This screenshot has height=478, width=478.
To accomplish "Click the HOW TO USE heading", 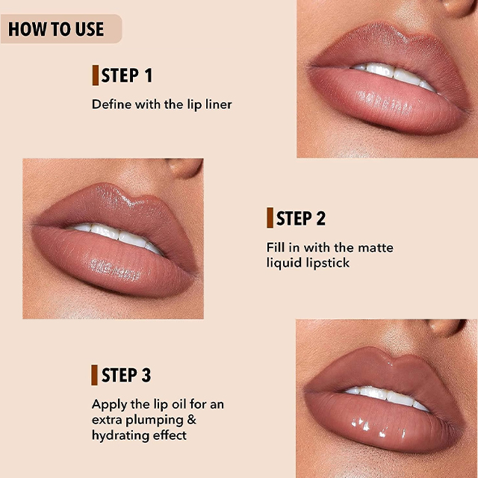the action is click(x=56, y=29).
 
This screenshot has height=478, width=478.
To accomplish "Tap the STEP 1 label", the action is click(x=126, y=75).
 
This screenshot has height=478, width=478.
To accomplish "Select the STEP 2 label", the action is click(x=301, y=218).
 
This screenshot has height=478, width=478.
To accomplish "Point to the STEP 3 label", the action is click(x=126, y=375).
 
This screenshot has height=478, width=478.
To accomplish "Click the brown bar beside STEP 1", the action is click(x=96, y=75).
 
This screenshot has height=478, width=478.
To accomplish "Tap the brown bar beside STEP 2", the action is click(x=270, y=217).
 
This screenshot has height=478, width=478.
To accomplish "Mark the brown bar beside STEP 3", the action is click(x=94, y=375).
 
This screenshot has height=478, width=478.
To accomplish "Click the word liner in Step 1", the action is click(x=219, y=105).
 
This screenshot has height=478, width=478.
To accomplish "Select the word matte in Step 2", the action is click(x=376, y=247).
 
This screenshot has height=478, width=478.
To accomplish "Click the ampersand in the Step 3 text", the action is click(x=191, y=420).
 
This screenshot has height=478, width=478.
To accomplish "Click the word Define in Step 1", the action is click(x=111, y=105).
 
